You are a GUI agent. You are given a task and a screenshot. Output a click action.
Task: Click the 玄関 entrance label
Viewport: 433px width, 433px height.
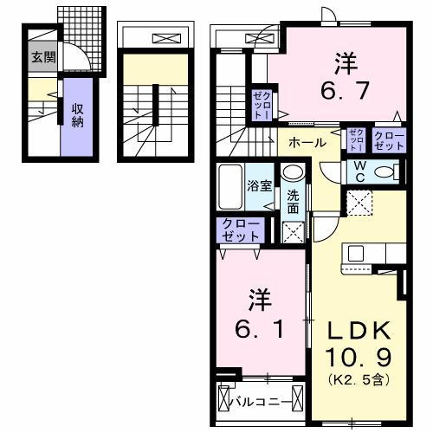point(41,58)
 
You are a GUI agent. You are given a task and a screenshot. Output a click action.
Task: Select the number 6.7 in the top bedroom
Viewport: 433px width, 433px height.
point(343,87)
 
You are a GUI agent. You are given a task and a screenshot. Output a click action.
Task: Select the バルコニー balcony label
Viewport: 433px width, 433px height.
point(259,401)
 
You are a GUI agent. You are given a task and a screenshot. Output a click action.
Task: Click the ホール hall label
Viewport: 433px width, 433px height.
point(307,142)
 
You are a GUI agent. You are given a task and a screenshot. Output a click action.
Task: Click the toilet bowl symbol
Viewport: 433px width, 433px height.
point(387,171)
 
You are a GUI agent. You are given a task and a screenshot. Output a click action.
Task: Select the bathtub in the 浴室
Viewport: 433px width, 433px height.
point(229,185)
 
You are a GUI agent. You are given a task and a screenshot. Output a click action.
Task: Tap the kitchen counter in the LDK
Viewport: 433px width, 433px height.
point(372,253)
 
